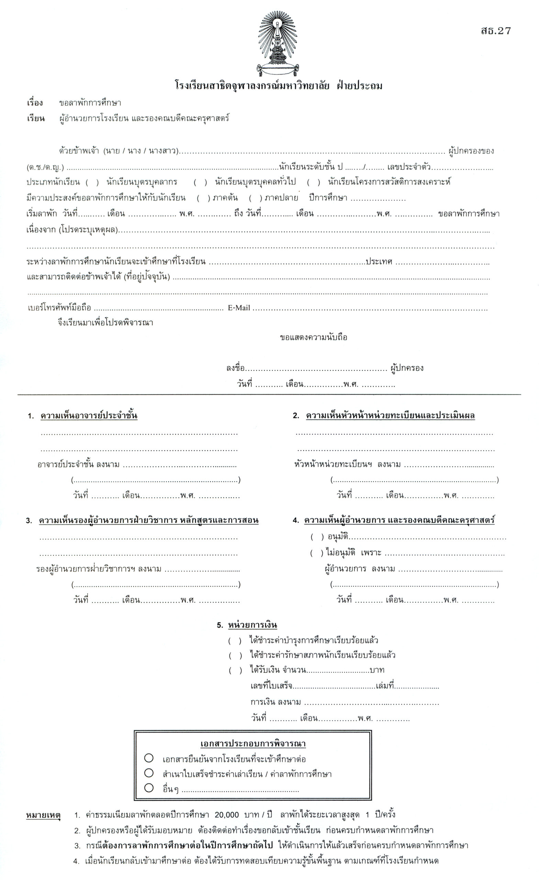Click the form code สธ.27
tap(495, 31)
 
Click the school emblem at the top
tap(278, 44)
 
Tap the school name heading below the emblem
tap(278, 86)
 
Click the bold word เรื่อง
tap(35, 103)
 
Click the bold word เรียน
tap(36, 118)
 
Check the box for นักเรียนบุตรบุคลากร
tap(92, 183)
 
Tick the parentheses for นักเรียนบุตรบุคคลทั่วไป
tap(200, 183)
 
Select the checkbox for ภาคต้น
tap(203, 198)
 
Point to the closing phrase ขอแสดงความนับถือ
tap(313, 338)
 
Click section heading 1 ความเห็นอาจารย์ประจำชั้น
tap(89, 416)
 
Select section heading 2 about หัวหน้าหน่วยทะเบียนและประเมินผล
tap(390, 416)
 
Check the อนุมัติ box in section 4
tap(317, 537)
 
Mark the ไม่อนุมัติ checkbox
tap(317, 553)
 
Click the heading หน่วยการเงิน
tap(252, 625)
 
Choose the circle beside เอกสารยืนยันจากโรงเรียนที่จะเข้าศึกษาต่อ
tap(149, 758)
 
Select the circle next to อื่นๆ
tap(149, 788)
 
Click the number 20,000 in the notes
tap(227, 815)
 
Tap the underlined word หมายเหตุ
tap(43, 815)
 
